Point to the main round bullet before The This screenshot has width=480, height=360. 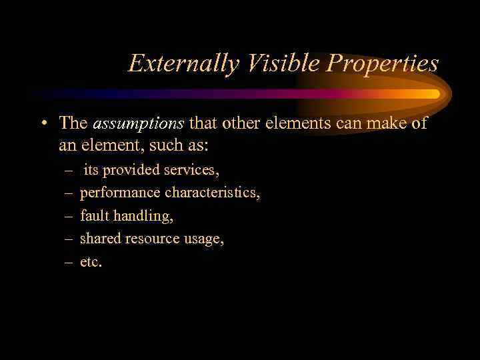[x=43, y=123]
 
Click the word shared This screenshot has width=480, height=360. [x=98, y=238]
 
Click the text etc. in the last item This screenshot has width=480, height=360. [x=91, y=261]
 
